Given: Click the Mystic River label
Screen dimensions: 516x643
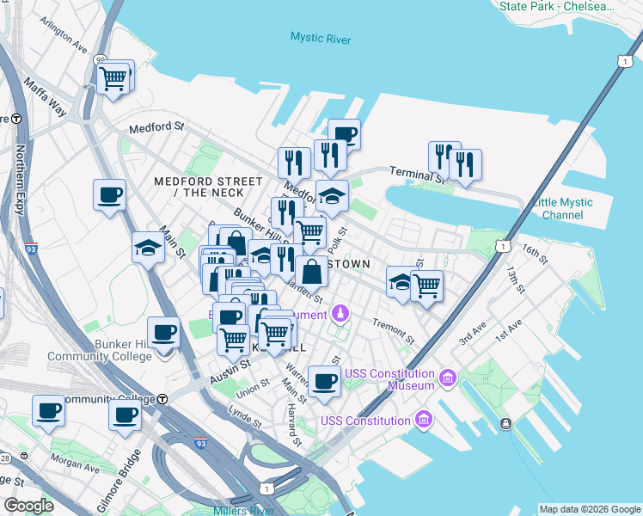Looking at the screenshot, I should tap(321, 38).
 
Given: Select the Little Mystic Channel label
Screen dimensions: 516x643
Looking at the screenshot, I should tap(563, 208).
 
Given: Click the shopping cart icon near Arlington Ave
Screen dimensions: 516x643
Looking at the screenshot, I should tap(114, 78).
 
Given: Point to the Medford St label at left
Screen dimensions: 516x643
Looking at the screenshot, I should tap(156, 127).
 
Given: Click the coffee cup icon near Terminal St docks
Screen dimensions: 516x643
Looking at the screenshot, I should tap(344, 134).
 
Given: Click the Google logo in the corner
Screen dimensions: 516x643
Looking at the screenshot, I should tap(28, 505).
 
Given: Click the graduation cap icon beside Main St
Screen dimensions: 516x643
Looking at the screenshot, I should tap(149, 249).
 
